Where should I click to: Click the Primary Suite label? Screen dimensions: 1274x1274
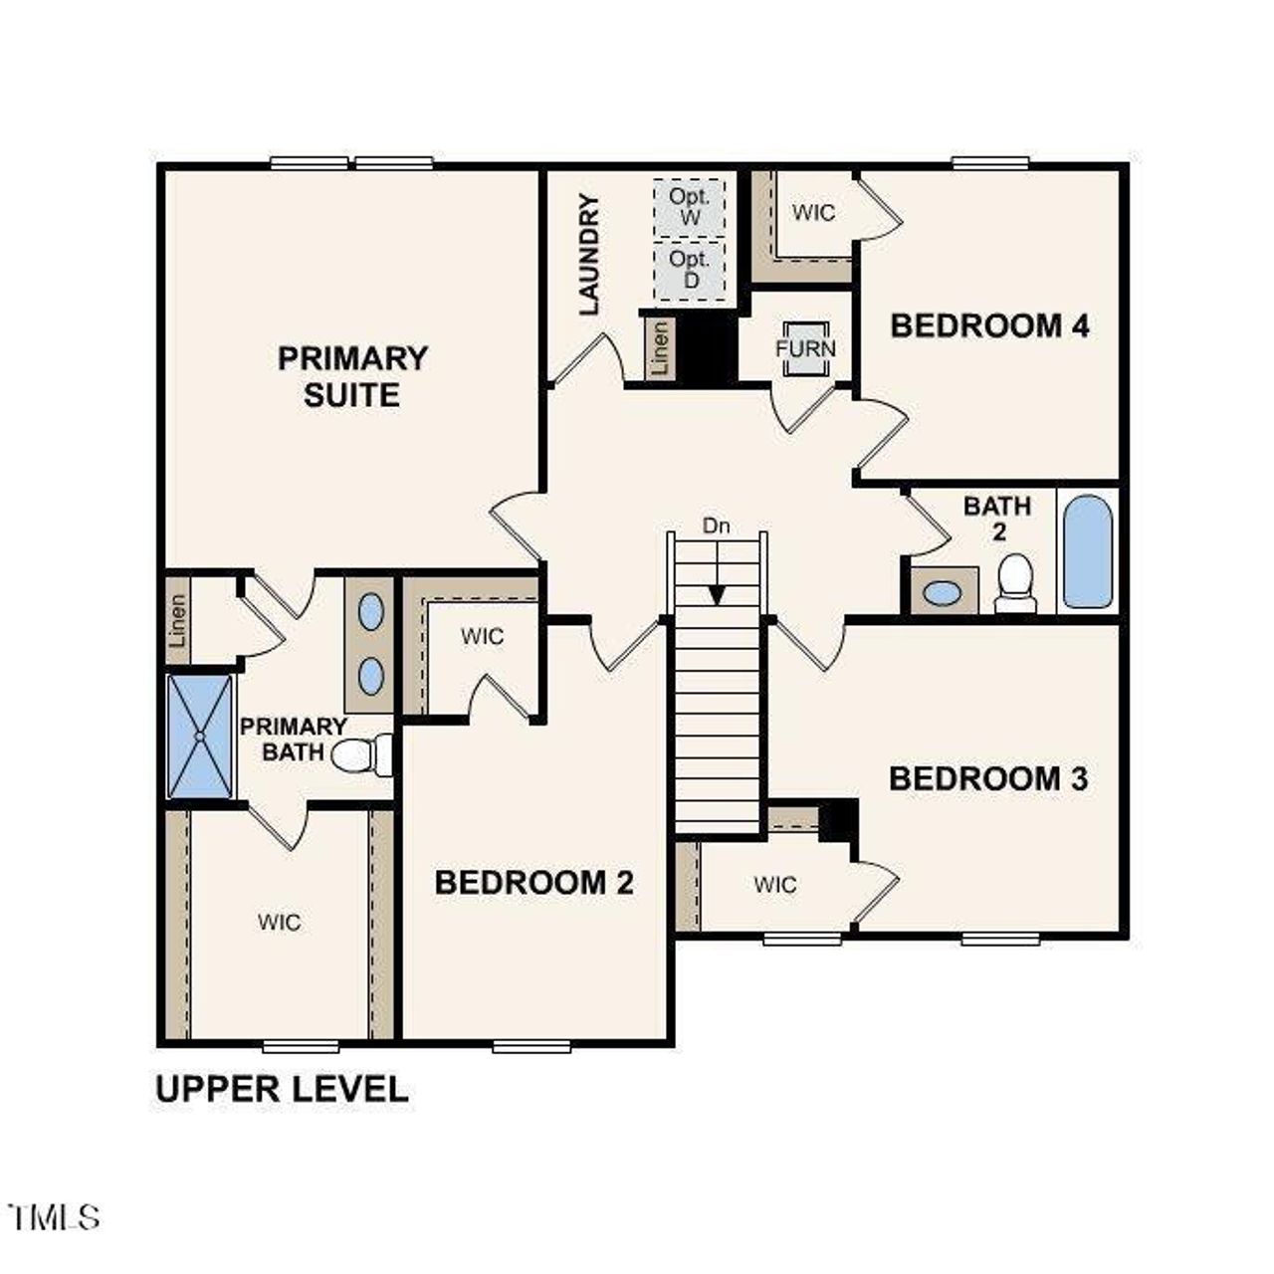coord(352,376)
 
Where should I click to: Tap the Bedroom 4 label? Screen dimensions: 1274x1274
coord(989,325)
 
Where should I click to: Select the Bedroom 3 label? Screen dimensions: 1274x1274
coord(988,778)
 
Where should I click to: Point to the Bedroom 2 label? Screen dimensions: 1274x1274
coord(533,882)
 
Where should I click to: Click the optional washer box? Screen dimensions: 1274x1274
coord(689,207)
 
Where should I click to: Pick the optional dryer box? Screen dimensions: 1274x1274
coord(689,270)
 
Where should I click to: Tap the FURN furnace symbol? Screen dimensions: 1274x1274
coord(805,349)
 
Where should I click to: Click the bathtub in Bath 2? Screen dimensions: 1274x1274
coord(1087,551)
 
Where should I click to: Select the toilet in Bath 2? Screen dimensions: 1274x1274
coord(1016,583)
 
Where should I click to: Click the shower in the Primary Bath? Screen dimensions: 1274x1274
coord(200,737)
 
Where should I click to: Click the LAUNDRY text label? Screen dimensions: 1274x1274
coord(589,256)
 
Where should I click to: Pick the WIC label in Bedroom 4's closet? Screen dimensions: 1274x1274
coord(813,212)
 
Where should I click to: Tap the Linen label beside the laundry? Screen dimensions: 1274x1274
coord(660,347)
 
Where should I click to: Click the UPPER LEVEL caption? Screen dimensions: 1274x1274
coord(282,1089)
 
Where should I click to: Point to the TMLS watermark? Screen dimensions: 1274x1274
coord(54,1216)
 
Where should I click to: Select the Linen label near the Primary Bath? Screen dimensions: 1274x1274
coord(178,620)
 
